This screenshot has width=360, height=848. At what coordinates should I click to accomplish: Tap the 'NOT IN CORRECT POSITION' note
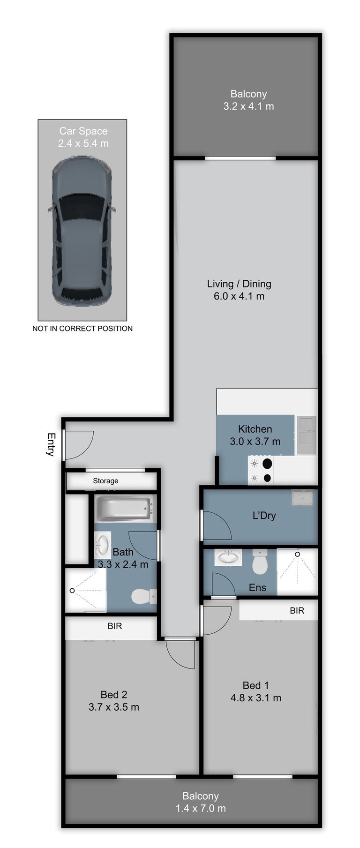(x=82, y=329)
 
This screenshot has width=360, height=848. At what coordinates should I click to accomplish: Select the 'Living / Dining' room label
(x=239, y=284)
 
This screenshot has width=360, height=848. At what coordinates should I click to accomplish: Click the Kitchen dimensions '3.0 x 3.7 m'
(x=255, y=441)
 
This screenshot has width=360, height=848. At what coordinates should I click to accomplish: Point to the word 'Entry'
(x=51, y=444)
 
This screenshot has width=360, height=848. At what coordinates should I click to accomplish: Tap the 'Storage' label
(x=105, y=481)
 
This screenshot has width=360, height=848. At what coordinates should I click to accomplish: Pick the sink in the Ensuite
(x=228, y=558)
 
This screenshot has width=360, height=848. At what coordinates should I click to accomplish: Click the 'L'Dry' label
(x=264, y=516)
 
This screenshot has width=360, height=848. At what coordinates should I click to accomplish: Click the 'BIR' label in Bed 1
(x=297, y=610)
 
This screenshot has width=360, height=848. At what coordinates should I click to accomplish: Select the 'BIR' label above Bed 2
(x=115, y=626)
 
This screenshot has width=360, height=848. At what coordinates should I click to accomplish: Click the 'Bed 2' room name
(x=114, y=695)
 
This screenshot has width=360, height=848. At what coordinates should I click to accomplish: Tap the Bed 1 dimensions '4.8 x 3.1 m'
(x=256, y=698)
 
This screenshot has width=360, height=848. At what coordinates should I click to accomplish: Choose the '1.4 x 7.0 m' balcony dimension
(x=201, y=808)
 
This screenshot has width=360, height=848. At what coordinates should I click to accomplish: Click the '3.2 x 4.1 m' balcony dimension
(x=248, y=106)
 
